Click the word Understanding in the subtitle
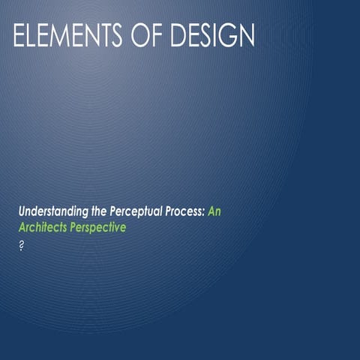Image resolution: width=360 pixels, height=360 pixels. click(x=50, y=212)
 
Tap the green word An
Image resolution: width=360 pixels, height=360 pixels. click(x=214, y=212)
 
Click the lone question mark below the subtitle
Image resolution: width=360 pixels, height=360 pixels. click(x=22, y=245)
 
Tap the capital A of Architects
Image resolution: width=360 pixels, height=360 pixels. click(x=22, y=226)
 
